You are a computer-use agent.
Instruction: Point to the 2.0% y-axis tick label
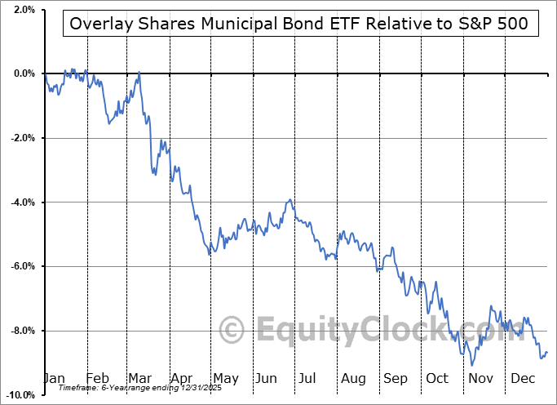[x=22, y=10]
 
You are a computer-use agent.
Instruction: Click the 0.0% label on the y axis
[x=22, y=73]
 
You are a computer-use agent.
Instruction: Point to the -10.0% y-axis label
[x=19, y=395]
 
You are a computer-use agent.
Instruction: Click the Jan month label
[x=54, y=379]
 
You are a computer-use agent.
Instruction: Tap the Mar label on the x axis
[x=139, y=379]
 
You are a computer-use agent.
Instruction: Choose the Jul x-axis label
[x=307, y=379]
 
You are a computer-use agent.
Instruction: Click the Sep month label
[x=395, y=379]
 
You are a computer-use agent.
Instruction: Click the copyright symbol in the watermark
[x=233, y=331]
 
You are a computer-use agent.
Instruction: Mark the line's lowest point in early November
[x=472, y=365]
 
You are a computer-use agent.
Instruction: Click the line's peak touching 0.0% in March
[x=139, y=73]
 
